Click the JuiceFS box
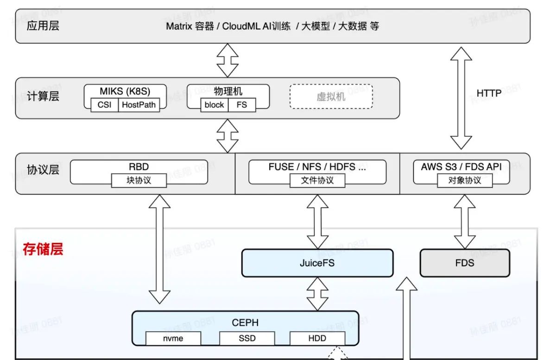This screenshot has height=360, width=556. (x=317, y=263)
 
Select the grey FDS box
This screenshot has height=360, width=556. (x=464, y=263)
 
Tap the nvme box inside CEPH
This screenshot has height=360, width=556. (x=173, y=338)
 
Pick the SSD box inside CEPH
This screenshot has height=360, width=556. (x=247, y=338)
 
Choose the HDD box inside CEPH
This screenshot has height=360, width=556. (x=317, y=338)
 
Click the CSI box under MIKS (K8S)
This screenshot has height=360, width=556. (x=105, y=105)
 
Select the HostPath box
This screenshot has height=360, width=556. (x=139, y=105)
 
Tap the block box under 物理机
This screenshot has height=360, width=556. (x=214, y=105)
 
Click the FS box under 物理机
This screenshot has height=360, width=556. (x=242, y=105)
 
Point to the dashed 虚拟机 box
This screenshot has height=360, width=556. (x=331, y=96)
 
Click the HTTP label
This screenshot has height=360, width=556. (x=489, y=94)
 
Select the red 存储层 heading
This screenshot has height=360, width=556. (x=43, y=250)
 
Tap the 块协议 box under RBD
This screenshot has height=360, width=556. (x=139, y=180)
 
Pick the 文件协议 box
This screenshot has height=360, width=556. (x=317, y=180)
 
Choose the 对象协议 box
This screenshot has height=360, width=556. (x=465, y=180)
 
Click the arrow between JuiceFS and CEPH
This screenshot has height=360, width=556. (x=318, y=294)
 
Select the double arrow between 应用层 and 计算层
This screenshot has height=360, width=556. (x=227, y=60)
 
